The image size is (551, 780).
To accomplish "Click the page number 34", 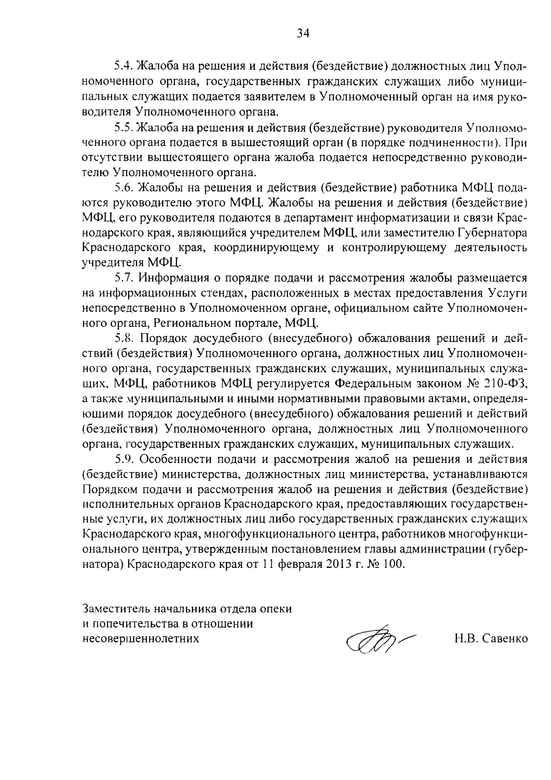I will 304,33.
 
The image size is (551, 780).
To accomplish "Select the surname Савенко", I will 506,639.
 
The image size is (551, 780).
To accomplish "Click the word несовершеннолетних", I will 141,639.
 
